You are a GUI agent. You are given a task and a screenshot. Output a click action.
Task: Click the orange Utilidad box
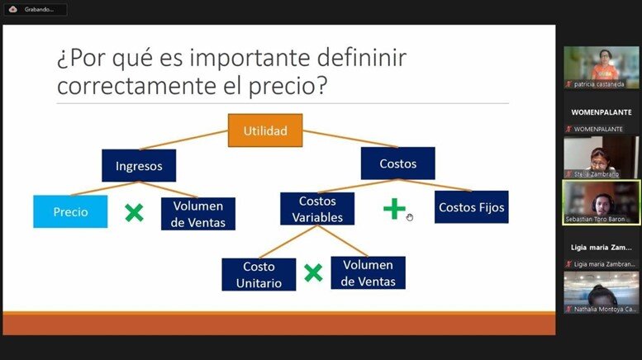tap(265, 130)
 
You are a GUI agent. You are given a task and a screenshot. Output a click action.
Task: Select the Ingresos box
tap(139, 166)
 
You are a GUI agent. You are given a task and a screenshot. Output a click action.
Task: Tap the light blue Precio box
tap(70, 211)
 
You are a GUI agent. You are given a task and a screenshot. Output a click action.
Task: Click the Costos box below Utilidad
tap(398, 163)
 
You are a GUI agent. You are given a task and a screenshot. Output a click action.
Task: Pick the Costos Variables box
tap(317, 209)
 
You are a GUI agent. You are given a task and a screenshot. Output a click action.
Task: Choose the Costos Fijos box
tap(472, 207)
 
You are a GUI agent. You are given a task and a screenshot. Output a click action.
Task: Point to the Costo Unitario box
tap(259, 274)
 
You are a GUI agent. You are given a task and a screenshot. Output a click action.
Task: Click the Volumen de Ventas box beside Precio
tap(198, 214)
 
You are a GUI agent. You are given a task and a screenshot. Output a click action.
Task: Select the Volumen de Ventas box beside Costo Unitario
tap(368, 272)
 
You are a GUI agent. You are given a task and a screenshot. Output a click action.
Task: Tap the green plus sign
tap(394, 209)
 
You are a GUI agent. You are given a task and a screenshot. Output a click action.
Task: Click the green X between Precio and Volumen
tap(135, 213)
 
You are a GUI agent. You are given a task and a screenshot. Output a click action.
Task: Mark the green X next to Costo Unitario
tap(313, 272)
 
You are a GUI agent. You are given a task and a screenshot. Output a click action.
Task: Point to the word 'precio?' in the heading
tap(288, 87)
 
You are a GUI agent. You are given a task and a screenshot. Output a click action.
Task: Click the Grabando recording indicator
tap(36, 9)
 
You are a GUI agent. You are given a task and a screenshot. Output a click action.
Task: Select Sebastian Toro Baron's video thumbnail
tap(601, 202)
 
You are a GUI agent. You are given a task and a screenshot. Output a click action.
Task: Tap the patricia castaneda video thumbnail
tap(601, 67)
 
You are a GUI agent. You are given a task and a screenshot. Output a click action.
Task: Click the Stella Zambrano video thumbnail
tap(601, 158)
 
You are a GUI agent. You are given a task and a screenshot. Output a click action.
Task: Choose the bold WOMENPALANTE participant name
tap(602, 112)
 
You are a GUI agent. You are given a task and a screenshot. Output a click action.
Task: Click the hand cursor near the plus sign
tap(410, 217)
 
